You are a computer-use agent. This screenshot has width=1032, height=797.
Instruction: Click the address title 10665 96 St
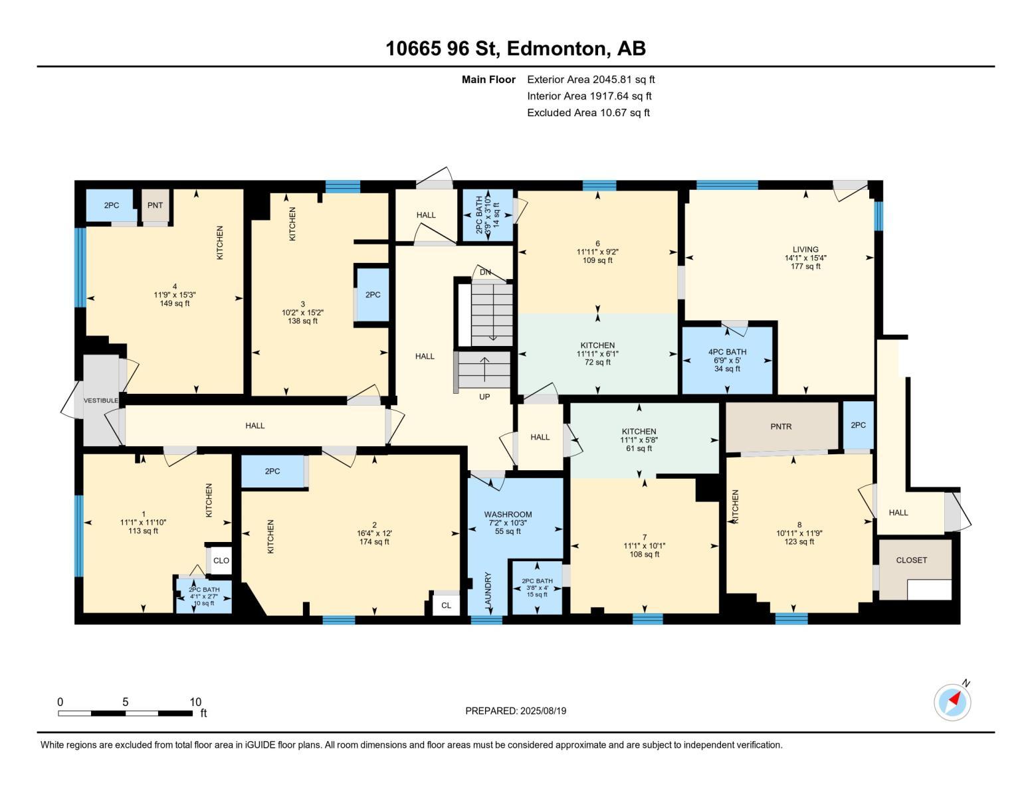(x=515, y=48)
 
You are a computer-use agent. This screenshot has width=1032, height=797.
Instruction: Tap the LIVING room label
(x=805, y=250)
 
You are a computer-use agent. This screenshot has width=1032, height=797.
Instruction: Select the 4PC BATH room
(x=727, y=359)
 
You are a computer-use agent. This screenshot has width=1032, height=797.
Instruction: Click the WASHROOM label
(x=508, y=514)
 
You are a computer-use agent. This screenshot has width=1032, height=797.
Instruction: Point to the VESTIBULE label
(x=100, y=400)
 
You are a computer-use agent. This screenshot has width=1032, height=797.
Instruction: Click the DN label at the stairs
(x=485, y=272)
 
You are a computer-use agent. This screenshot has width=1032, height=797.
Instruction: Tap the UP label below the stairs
(x=484, y=397)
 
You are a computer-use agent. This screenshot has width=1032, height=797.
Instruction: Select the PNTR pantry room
(x=781, y=426)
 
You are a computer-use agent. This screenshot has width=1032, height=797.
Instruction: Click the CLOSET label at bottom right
(x=911, y=560)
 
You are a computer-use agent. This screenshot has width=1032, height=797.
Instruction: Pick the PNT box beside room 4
(x=155, y=205)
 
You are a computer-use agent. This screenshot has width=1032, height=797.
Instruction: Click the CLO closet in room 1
(x=221, y=561)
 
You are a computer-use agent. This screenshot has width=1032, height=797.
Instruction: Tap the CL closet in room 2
(x=446, y=605)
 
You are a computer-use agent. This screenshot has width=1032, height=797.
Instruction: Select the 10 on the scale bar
(x=195, y=702)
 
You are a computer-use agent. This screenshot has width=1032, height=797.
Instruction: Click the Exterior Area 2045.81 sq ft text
(x=591, y=79)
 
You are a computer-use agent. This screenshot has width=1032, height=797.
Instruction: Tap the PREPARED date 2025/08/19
(x=516, y=711)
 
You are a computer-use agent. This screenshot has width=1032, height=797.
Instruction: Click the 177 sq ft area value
(x=805, y=266)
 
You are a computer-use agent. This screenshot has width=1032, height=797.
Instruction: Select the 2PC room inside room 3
(x=373, y=295)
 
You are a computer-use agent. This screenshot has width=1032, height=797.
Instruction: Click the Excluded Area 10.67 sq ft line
(x=588, y=112)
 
